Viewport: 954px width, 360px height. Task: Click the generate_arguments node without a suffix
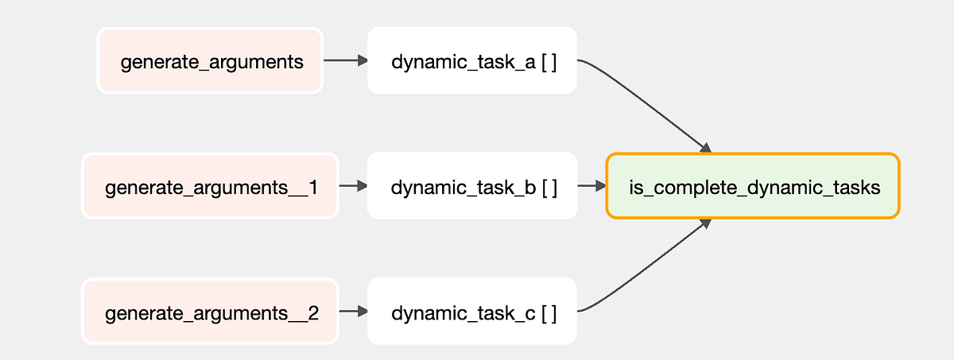[210, 60]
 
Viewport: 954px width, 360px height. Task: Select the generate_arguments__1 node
[210, 186]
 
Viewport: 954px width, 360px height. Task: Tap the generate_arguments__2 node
[210, 312]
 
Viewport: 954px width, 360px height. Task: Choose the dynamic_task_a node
[472, 60]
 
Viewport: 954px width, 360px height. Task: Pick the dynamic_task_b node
[472, 186]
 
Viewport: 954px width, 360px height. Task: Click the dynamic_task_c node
[472, 312]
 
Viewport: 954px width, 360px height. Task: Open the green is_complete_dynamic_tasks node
[753, 186]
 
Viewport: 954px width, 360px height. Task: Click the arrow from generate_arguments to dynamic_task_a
[345, 60]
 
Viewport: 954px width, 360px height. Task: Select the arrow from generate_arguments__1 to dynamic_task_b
[353, 186]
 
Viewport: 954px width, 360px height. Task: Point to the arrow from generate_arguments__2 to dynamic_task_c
[354, 312]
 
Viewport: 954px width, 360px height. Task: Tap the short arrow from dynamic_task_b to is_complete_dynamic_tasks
[591, 186]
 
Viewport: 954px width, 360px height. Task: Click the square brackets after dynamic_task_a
[549, 63]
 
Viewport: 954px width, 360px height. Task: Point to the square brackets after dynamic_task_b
[549, 188]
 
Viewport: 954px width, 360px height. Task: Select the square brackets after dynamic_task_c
[549, 314]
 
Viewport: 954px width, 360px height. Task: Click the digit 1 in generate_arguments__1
[313, 188]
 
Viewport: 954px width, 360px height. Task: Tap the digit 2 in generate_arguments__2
[313, 313]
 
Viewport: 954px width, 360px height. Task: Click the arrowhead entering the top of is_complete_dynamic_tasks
[706, 148]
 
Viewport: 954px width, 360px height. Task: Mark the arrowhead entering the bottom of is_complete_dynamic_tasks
[706, 224]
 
